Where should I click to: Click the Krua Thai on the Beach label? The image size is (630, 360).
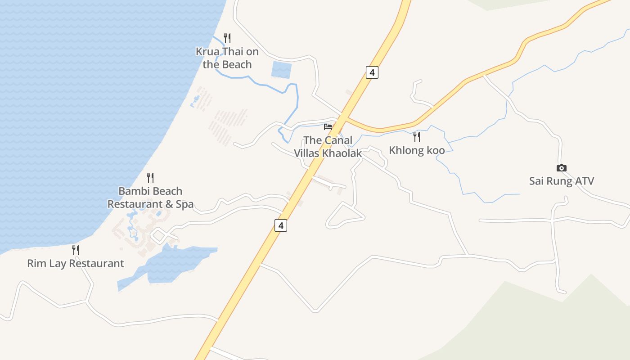pyautogui.click(x=227, y=58)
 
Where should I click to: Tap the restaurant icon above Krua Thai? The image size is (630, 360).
pyautogui.click(x=227, y=38)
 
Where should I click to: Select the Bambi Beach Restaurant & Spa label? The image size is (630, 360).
pyautogui.click(x=150, y=198)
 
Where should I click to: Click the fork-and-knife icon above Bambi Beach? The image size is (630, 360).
pyautogui.click(x=150, y=178)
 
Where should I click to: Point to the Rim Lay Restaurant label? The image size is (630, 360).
pyautogui.click(x=76, y=264)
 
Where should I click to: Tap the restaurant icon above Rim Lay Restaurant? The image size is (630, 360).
pyautogui.click(x=76, y=250)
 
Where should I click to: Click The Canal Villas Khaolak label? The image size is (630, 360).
pyautogui.click(x=328, y=147)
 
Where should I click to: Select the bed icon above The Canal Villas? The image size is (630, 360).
pyautogui.click(x=328, y=127)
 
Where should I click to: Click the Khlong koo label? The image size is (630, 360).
pyautogui.click(x=417, y=150)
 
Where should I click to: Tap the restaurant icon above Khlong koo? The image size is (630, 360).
pyautogui.click(x=417, y=136)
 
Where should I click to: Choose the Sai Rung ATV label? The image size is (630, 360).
pyautogui.click(x=561, y=181)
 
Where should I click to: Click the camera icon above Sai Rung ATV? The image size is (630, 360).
pyautogui.click(x=561, y=168)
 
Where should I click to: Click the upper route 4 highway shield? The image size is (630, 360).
pyautogui.click(x=372, y=72)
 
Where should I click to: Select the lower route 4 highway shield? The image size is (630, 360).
pyautogui.click(x=281, y=225)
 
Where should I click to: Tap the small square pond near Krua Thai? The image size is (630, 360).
pyautogui.click(x=282, y=70)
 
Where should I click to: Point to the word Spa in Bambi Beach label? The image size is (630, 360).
pyautogui.click(x=184, y=204)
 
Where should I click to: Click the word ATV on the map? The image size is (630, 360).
pyautogui.click(x=583, y=181)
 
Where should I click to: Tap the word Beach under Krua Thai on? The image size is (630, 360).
pyautogui.click(x=234, y=65)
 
